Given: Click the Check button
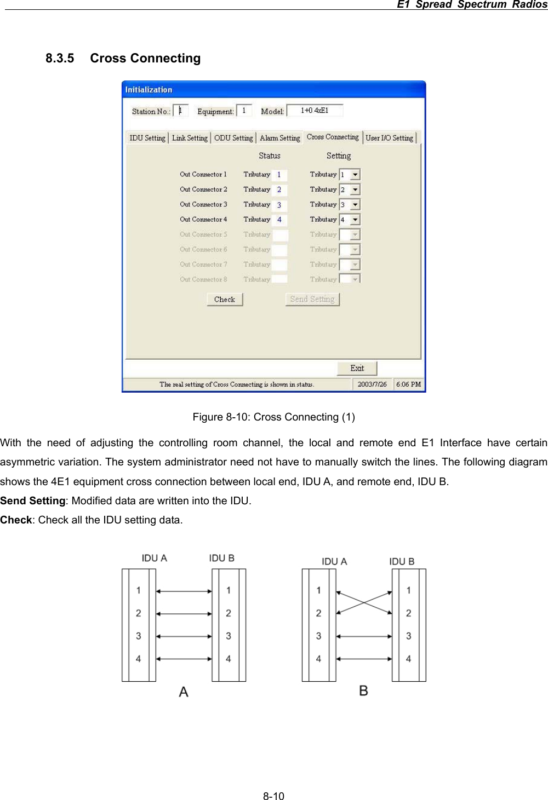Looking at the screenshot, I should pos(225,300).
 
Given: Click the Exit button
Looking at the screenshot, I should pos(357,369).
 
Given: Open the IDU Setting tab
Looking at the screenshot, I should pos(147,138).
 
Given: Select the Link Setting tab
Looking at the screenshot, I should pos(190,138).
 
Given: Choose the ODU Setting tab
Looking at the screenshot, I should pos(233,138).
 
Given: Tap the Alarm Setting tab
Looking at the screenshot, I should pos(280,138).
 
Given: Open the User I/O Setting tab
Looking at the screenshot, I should pos(390,138).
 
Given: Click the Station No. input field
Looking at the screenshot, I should pos(181,111).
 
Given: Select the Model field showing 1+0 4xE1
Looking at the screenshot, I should pos(315,111).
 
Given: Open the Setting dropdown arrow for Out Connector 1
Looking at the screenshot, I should pos(355,175).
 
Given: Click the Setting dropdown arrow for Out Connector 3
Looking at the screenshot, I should pos(355,205).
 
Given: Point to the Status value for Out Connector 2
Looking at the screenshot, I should pos(279,190).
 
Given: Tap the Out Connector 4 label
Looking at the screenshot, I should pos(203,220).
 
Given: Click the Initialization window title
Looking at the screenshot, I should pos(149,90).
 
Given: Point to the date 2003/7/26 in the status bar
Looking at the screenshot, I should pos(372,384).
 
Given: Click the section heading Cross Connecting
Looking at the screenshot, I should pos(145,58).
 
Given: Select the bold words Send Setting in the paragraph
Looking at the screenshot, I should pos(33,500).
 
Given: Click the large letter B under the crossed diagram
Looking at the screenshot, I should pos(363,690).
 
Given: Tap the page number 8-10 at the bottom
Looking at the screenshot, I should pos(273,796).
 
